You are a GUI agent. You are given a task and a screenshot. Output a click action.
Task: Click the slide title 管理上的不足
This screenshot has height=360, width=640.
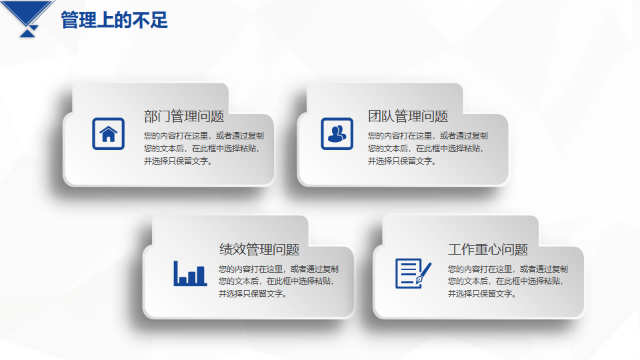[x=114, y=20]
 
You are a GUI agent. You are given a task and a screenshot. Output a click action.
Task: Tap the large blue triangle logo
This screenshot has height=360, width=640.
[x=28, y=12]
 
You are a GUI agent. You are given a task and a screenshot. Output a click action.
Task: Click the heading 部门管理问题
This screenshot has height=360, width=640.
[x=184, y=116]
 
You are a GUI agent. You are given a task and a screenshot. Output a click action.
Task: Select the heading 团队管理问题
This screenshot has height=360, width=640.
[x=408, y=116]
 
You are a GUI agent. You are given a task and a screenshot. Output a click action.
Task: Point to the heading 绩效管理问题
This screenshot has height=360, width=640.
[x=259, y=249]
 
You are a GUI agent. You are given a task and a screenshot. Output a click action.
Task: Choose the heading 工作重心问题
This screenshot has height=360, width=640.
[x=488, y=249]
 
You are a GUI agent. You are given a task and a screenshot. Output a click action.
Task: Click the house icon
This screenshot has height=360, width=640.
[x=108, y=134]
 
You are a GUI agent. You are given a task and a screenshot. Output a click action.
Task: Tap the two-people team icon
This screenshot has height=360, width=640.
[x=337, y=134]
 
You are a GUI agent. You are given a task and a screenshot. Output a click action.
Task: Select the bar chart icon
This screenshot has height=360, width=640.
[x=190, y=273]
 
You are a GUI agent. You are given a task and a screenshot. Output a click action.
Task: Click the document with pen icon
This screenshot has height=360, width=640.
[x=413, y=273]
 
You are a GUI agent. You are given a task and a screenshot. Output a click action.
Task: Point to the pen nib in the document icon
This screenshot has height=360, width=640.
[x=419, y=280]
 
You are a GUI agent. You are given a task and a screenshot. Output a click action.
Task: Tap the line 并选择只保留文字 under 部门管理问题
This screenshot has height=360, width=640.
[x=178, y=161]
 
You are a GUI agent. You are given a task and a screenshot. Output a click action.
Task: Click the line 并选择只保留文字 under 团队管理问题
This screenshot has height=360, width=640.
[x=402, y=161]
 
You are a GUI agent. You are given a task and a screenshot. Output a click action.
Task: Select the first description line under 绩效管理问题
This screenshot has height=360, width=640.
[x=279, y=269]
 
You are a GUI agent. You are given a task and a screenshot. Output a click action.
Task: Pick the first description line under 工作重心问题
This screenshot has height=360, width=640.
[x=508, y=269]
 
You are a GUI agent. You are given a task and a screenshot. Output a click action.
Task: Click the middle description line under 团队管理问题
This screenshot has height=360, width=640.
[x=425, y=149]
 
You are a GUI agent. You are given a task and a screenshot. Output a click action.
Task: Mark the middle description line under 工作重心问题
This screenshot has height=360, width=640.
[x=505, y=281]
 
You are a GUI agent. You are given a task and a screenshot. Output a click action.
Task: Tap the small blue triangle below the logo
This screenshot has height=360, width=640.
[x=28, y=33]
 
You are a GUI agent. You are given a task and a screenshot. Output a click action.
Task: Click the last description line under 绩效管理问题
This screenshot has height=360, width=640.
[x=253, y=294]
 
